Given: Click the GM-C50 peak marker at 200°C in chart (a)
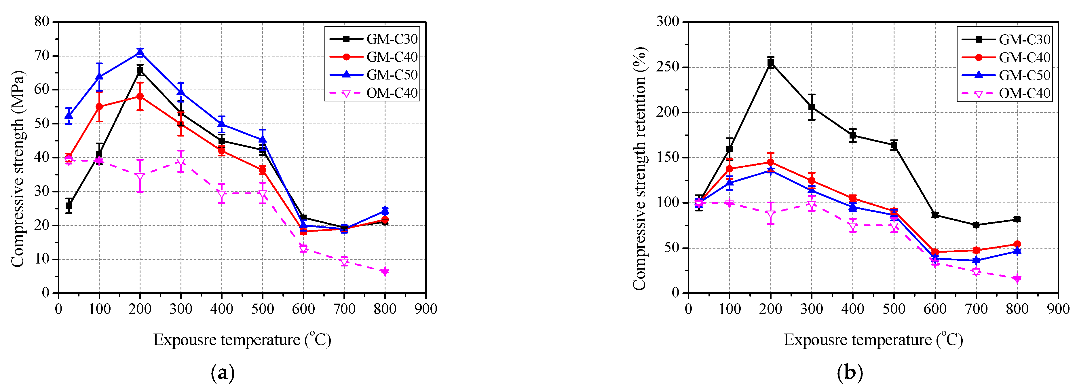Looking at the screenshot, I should (x=140, y=52).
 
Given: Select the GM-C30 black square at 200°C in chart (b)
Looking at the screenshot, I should (x=770, y=63).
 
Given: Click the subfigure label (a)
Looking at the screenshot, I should (x=223, y=372).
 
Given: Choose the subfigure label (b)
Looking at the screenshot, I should (x=850, y=372).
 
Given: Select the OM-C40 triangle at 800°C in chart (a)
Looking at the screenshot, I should (x=385, y=272).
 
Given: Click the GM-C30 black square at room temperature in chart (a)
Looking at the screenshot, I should (x=69, y=205).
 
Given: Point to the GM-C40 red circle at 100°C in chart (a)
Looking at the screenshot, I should (x=99, y=107).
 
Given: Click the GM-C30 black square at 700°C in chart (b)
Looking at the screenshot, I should (x=976, y=225).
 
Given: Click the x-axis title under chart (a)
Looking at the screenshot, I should (x=242, y=339).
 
